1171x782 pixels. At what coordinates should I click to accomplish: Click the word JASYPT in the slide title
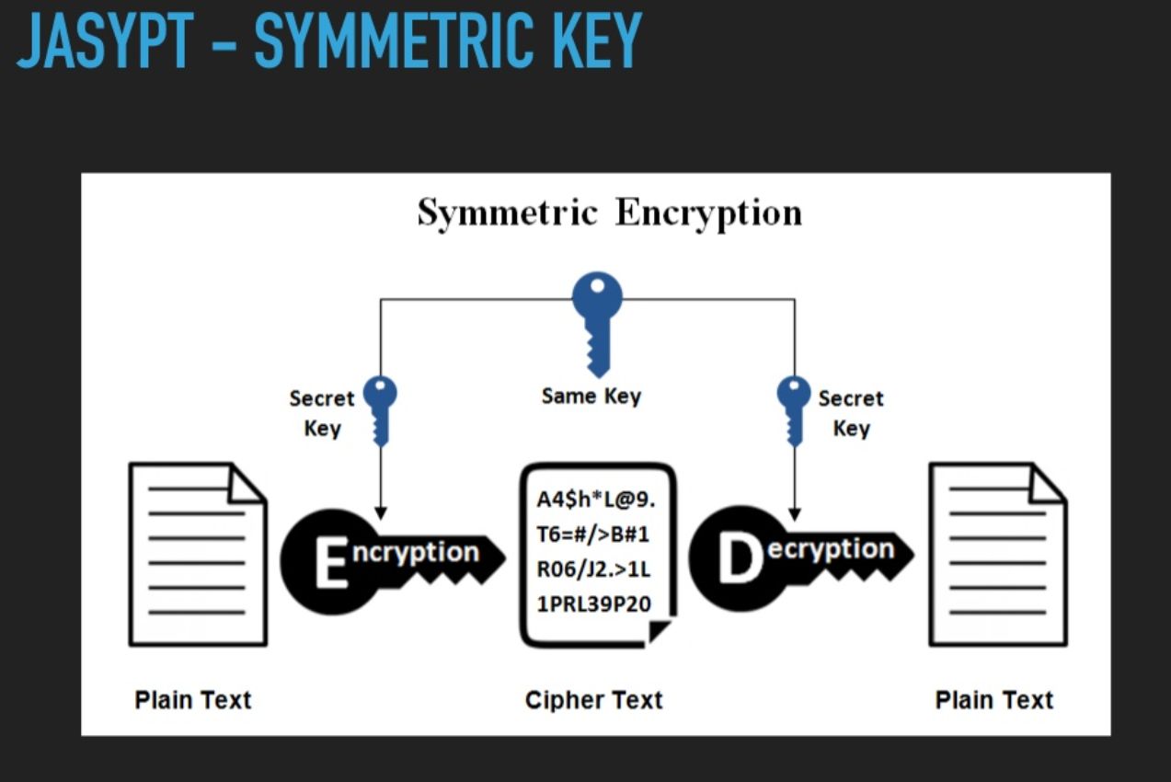point(105,40)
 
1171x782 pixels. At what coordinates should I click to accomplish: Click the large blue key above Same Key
point(598,324)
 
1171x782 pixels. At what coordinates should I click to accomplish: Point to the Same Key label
point(591,397)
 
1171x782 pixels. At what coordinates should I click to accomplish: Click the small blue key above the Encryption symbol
point(380,411)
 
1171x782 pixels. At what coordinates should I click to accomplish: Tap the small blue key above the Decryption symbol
point(794,411)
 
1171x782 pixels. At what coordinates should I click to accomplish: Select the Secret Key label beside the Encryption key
point(322,413)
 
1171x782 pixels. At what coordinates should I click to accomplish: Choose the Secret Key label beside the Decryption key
point(851,413)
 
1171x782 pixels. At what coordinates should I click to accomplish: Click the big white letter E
point(331,563)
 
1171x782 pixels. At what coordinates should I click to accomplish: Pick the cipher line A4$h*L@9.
point(596,500)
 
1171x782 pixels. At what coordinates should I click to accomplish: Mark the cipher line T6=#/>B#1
point(592,535)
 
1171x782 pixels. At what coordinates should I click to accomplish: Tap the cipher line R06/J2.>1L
point(594,569)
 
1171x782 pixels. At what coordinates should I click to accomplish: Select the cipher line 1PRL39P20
point(594,604)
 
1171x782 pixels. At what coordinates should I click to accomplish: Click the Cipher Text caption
point(594,700)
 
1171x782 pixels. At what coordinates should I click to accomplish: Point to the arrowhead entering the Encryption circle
point(381,512)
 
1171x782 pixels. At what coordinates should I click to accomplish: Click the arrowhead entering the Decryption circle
point(795,514)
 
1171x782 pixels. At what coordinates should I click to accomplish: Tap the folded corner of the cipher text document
point(659,631)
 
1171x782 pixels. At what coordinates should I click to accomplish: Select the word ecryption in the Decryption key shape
point(831,550)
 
